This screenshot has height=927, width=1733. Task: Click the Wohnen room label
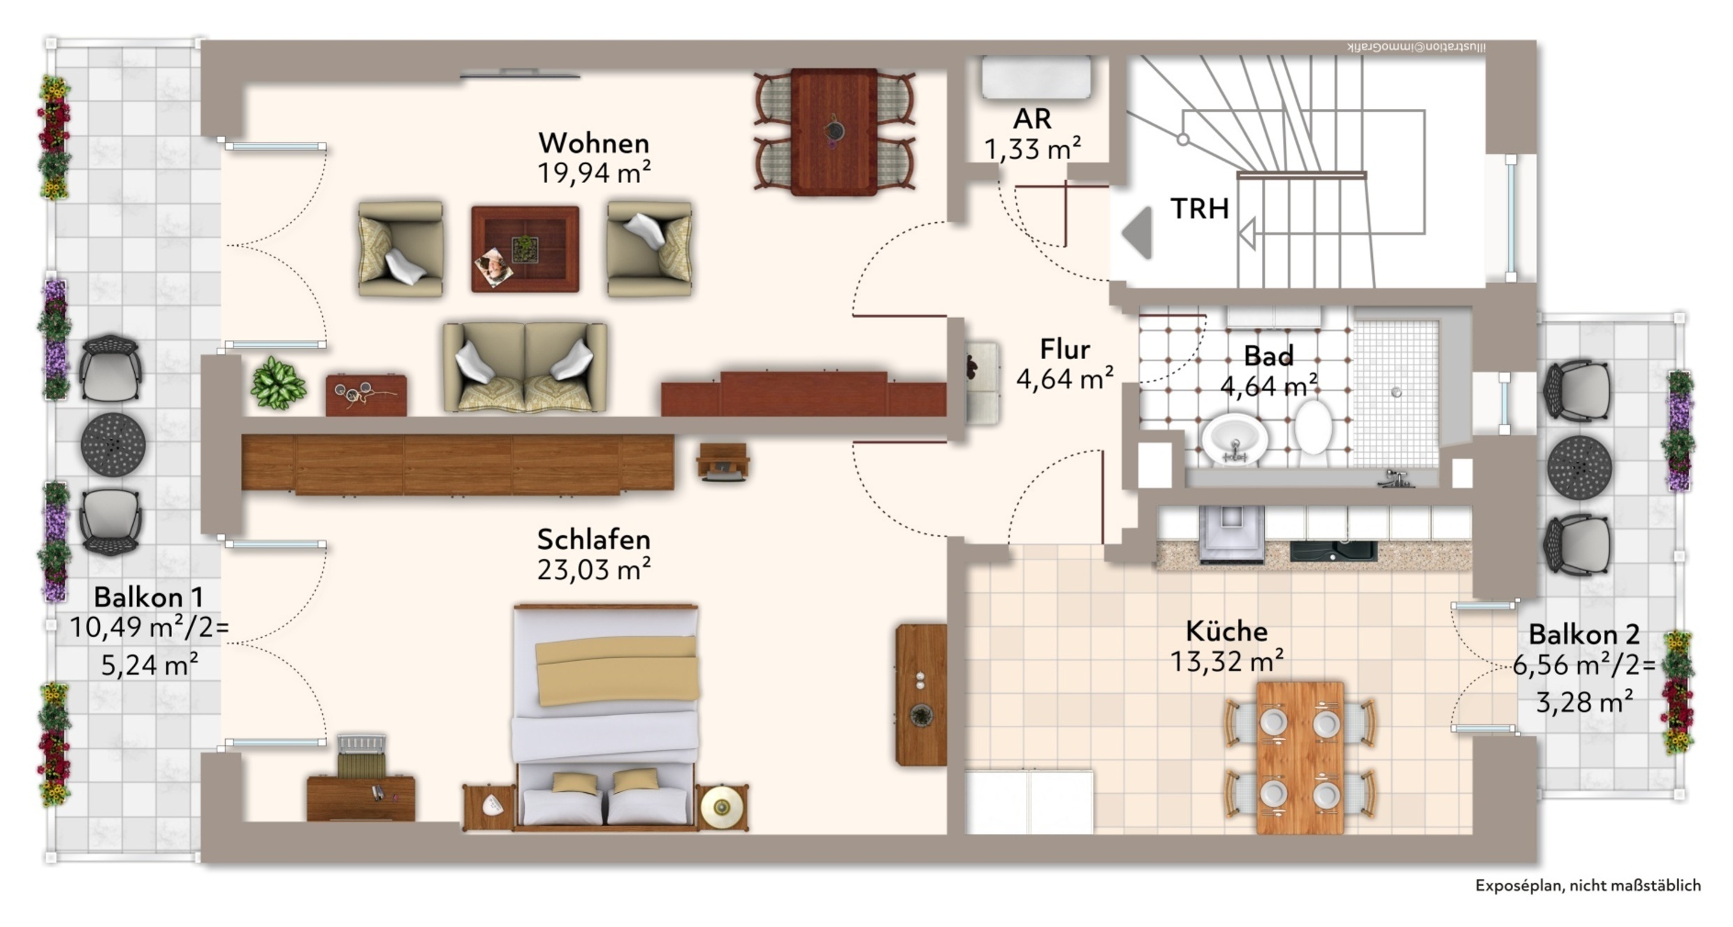pos(594,143)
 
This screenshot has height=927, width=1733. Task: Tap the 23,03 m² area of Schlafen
pos(594,570)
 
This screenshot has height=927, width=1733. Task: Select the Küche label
pos(1226,631)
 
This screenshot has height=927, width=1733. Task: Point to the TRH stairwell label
pos(1199,208)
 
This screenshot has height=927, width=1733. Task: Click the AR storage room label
pos(1032,119)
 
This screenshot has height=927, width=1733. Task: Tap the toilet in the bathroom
pos(1313,426)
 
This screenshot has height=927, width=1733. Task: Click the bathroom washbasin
pos(1234,439)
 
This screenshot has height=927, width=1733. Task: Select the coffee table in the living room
pos(525,249)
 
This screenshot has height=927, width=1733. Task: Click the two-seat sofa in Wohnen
pos(525,367)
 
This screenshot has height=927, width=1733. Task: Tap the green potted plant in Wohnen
pos(278,383)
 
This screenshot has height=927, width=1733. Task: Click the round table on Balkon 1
pos(113,444)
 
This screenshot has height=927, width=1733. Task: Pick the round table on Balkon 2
pos(1579,467)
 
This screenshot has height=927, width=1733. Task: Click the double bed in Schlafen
pos(605,717)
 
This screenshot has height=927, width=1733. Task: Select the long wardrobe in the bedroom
pos(458,464)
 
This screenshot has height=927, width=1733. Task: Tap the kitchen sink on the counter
pos(1333,550)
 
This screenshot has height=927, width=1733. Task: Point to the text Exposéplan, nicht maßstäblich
pos(1588,886)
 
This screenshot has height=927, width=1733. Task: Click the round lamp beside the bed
pos(721,808)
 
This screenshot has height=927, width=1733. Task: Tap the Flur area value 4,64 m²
pos(1064,379)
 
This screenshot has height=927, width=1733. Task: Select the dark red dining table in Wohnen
pos(834,132)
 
